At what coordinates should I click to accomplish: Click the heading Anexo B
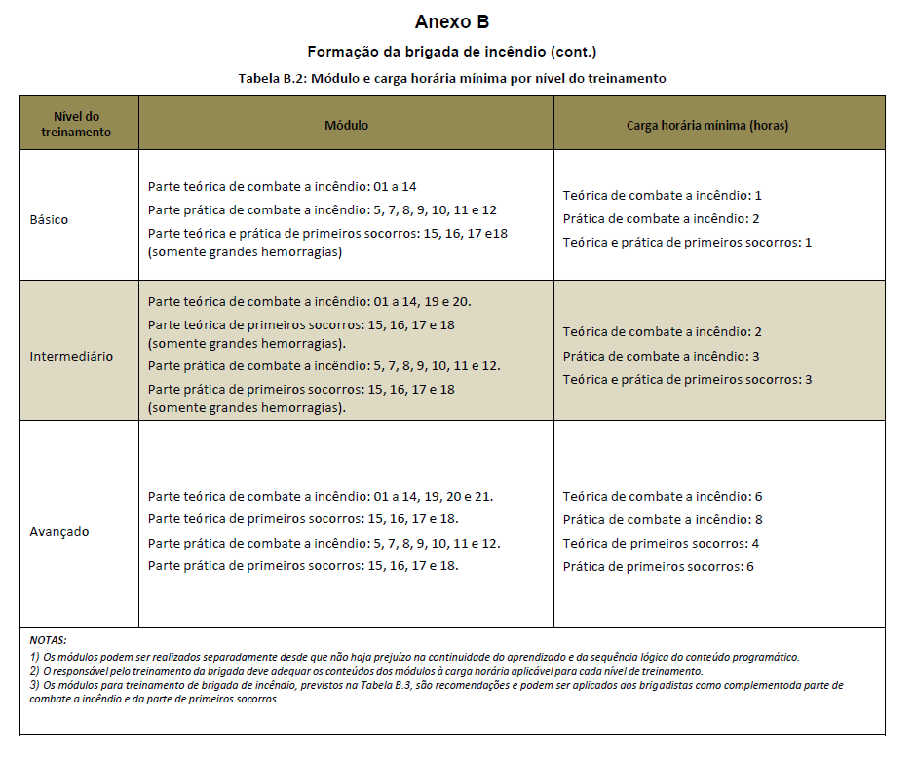pyautogui.click(x=451, y=22)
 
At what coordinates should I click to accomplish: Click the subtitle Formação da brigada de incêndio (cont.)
pyautogui.click(x=451, y=52)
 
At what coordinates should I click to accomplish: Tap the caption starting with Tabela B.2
pyautogui.click(x=451, y=78)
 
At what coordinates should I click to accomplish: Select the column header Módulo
pyautogui.click(x=346, y=125)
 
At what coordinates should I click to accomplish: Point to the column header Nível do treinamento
pyautogui.click(x=77, y=124)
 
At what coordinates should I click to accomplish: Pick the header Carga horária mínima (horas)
pyautogui.click(x=719, y=125)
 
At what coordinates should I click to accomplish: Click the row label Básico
pyautogui.click(x=50, y=219)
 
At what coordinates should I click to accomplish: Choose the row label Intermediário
pyautogui.click(x=71, y=356)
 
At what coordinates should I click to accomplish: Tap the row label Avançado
pyautogui.click(x=59, y=531)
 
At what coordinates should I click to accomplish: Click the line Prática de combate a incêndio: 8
pyautogui.click(x=663, y=519)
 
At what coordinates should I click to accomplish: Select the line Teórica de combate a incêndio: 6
pyautogui.click(x=663, y=496)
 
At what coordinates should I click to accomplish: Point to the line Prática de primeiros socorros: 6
pyautogui.click(x=659, y=566)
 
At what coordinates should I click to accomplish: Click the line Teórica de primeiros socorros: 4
pyautogui.click(x=661, y=543)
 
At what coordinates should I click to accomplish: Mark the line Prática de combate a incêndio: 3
pyautogui.click(x=661, y=356)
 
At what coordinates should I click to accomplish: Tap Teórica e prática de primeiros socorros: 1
pyautogui.click(x=687, y=242)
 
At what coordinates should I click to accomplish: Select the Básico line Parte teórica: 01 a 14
pyautogui.click(x=283, y=186)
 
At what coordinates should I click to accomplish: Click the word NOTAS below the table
pyautogui.click(x=48, y=640)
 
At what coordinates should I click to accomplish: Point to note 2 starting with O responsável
pyautogui.click(x=365, y=671)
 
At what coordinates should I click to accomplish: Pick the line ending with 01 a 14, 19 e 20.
pyautogui.click(x=310, y=301)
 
